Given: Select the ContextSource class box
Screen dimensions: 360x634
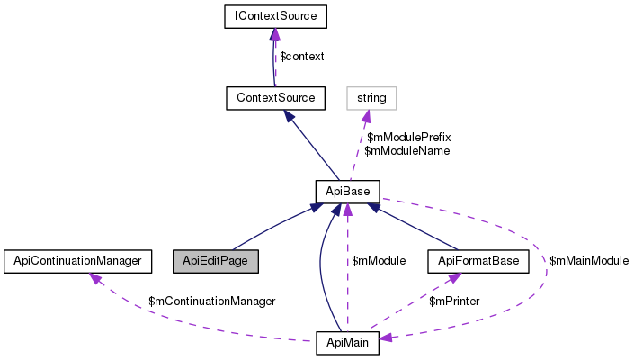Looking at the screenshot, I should pos(274,96).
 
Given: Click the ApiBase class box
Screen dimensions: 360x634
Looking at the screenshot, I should pos(346,191).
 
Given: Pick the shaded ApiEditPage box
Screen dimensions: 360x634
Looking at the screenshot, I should pos(216,261).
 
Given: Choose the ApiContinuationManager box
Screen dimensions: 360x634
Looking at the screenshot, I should pos(74,261).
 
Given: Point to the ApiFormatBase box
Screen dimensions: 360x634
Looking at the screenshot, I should pos(478,261).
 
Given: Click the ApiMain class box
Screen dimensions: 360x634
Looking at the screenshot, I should pos(347,343).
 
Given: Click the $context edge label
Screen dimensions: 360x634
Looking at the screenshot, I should pos(302,56).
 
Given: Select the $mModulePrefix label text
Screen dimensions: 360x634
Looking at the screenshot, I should pos(408,137).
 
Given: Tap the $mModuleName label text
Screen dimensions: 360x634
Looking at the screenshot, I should pos(406,151).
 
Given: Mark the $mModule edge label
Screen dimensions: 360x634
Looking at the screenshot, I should pos(379,261).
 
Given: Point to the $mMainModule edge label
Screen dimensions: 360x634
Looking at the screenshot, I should pos(588,261).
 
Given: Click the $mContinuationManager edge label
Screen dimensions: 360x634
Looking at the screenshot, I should pos(211,301).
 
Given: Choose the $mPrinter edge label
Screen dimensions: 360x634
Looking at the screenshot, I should pos(454,301).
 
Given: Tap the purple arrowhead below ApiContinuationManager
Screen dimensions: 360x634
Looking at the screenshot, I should pos(93,278).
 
